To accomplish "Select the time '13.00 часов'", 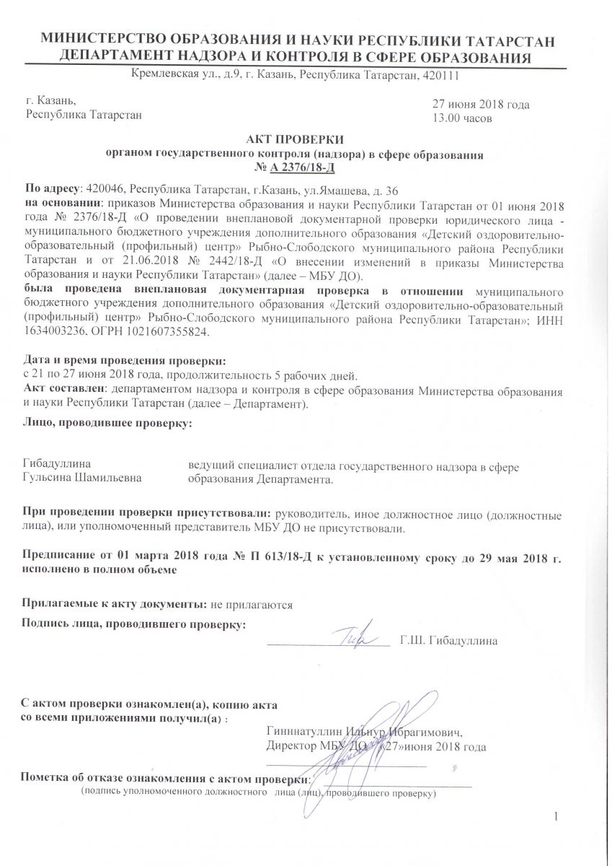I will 462,118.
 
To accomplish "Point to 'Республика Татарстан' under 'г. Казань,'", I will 84,114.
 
